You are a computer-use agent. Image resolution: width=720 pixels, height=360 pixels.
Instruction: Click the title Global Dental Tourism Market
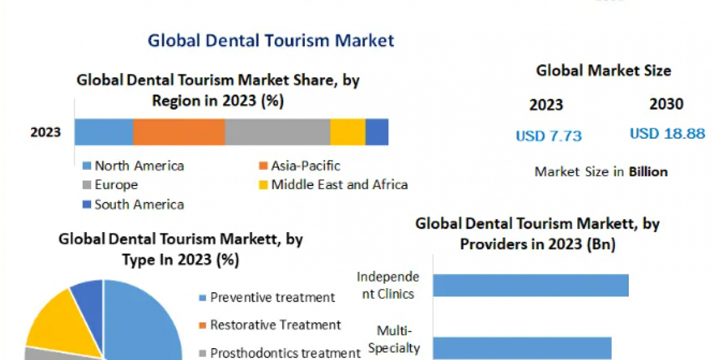(271, 40)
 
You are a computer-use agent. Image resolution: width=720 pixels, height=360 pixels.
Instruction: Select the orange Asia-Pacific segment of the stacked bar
(179, 132)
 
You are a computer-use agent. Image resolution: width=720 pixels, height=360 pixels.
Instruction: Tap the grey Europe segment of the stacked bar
(277, 132)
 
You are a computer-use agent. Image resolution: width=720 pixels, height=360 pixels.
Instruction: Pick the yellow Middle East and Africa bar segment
(347, 132)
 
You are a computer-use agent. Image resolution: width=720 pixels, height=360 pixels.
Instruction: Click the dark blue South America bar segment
(377, 132)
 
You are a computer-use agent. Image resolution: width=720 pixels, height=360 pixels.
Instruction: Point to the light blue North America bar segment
(104, 132)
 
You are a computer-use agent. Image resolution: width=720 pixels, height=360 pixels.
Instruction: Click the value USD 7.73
(548, 136)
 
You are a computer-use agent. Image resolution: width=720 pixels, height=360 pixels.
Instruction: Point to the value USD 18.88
(667, 134)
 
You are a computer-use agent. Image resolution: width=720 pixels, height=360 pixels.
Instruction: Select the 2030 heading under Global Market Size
(666, 104)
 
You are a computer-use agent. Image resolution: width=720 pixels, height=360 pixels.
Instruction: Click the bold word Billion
(648, 172)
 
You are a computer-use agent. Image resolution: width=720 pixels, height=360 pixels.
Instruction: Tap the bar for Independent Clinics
(530, 285)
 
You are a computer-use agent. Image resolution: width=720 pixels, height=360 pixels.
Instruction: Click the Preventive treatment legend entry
(272, 297)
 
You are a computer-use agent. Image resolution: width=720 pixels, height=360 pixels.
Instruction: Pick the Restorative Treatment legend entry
(275, 325)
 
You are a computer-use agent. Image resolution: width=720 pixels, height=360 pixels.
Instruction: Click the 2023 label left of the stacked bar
(46, 132)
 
